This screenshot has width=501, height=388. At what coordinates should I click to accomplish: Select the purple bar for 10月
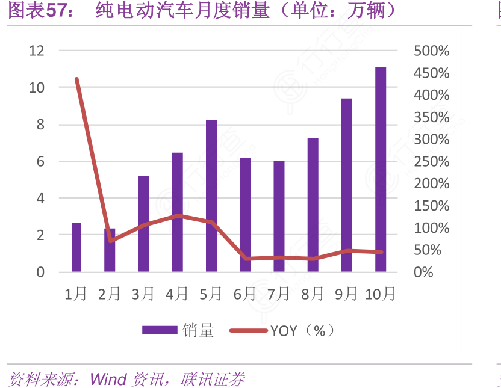(381, 170)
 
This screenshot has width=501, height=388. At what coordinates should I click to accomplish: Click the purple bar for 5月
(211, 196)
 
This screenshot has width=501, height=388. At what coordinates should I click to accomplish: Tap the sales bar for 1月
(76, 247)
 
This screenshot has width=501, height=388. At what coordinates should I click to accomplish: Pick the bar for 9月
(347, 185)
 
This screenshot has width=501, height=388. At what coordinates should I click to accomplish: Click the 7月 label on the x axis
(279, 294)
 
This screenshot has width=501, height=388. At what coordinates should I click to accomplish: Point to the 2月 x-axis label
(110, 294)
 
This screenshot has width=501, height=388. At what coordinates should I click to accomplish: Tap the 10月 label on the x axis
(381, 294)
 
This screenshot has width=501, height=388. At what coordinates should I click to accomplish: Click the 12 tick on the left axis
(37, 51)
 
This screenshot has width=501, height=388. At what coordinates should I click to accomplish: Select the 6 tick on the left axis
(40, 161)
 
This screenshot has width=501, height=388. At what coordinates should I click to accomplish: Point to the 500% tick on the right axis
(432, 51)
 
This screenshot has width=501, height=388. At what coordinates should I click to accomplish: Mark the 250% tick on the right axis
(432, 161)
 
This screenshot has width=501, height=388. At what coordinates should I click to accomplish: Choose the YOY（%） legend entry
(301, 330)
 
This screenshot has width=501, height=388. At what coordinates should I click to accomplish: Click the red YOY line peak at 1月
(76, 79)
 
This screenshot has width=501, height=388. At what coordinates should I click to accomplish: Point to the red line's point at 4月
(178, 215)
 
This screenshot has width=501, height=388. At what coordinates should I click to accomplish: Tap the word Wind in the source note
(108, 380)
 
